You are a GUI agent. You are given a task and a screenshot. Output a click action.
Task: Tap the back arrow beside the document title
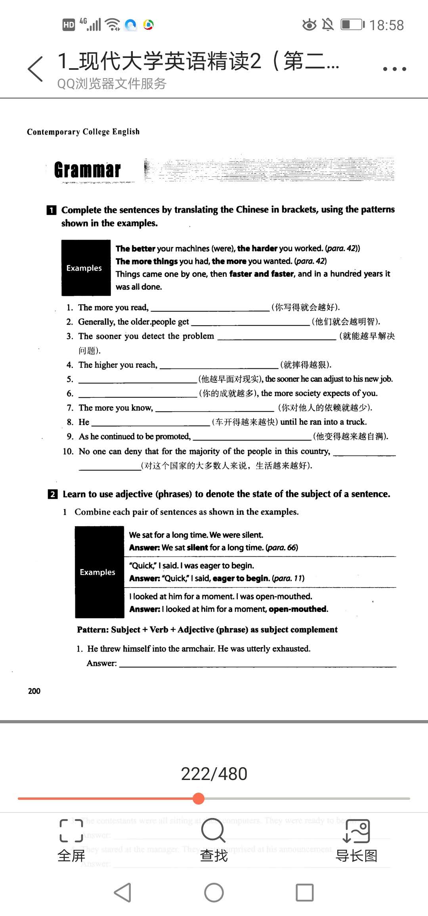(35, 69)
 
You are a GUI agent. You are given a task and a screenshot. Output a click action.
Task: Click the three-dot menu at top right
(394, 69)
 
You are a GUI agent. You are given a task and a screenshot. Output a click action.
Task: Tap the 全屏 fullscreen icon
(71, 830)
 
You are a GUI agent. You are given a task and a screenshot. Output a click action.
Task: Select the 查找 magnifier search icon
(214, 830)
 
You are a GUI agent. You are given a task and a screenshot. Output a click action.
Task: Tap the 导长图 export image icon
(356, 831)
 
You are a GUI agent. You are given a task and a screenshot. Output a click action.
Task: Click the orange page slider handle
(199, 798)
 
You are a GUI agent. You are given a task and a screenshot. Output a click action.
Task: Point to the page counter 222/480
(214, 774)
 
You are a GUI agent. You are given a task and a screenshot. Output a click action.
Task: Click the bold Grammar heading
(87, 170)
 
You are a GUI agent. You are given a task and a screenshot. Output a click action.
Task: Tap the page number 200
(34, 691)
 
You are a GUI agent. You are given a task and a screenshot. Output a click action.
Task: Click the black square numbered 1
(52, 210)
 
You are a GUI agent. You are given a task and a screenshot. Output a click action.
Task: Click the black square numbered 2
(52, 494)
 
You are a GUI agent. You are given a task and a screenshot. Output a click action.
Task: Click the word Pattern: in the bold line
(93, 630)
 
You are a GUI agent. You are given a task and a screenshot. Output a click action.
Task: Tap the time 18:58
(386, 25)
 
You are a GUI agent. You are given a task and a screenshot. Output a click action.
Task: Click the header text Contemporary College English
(83, 132)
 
